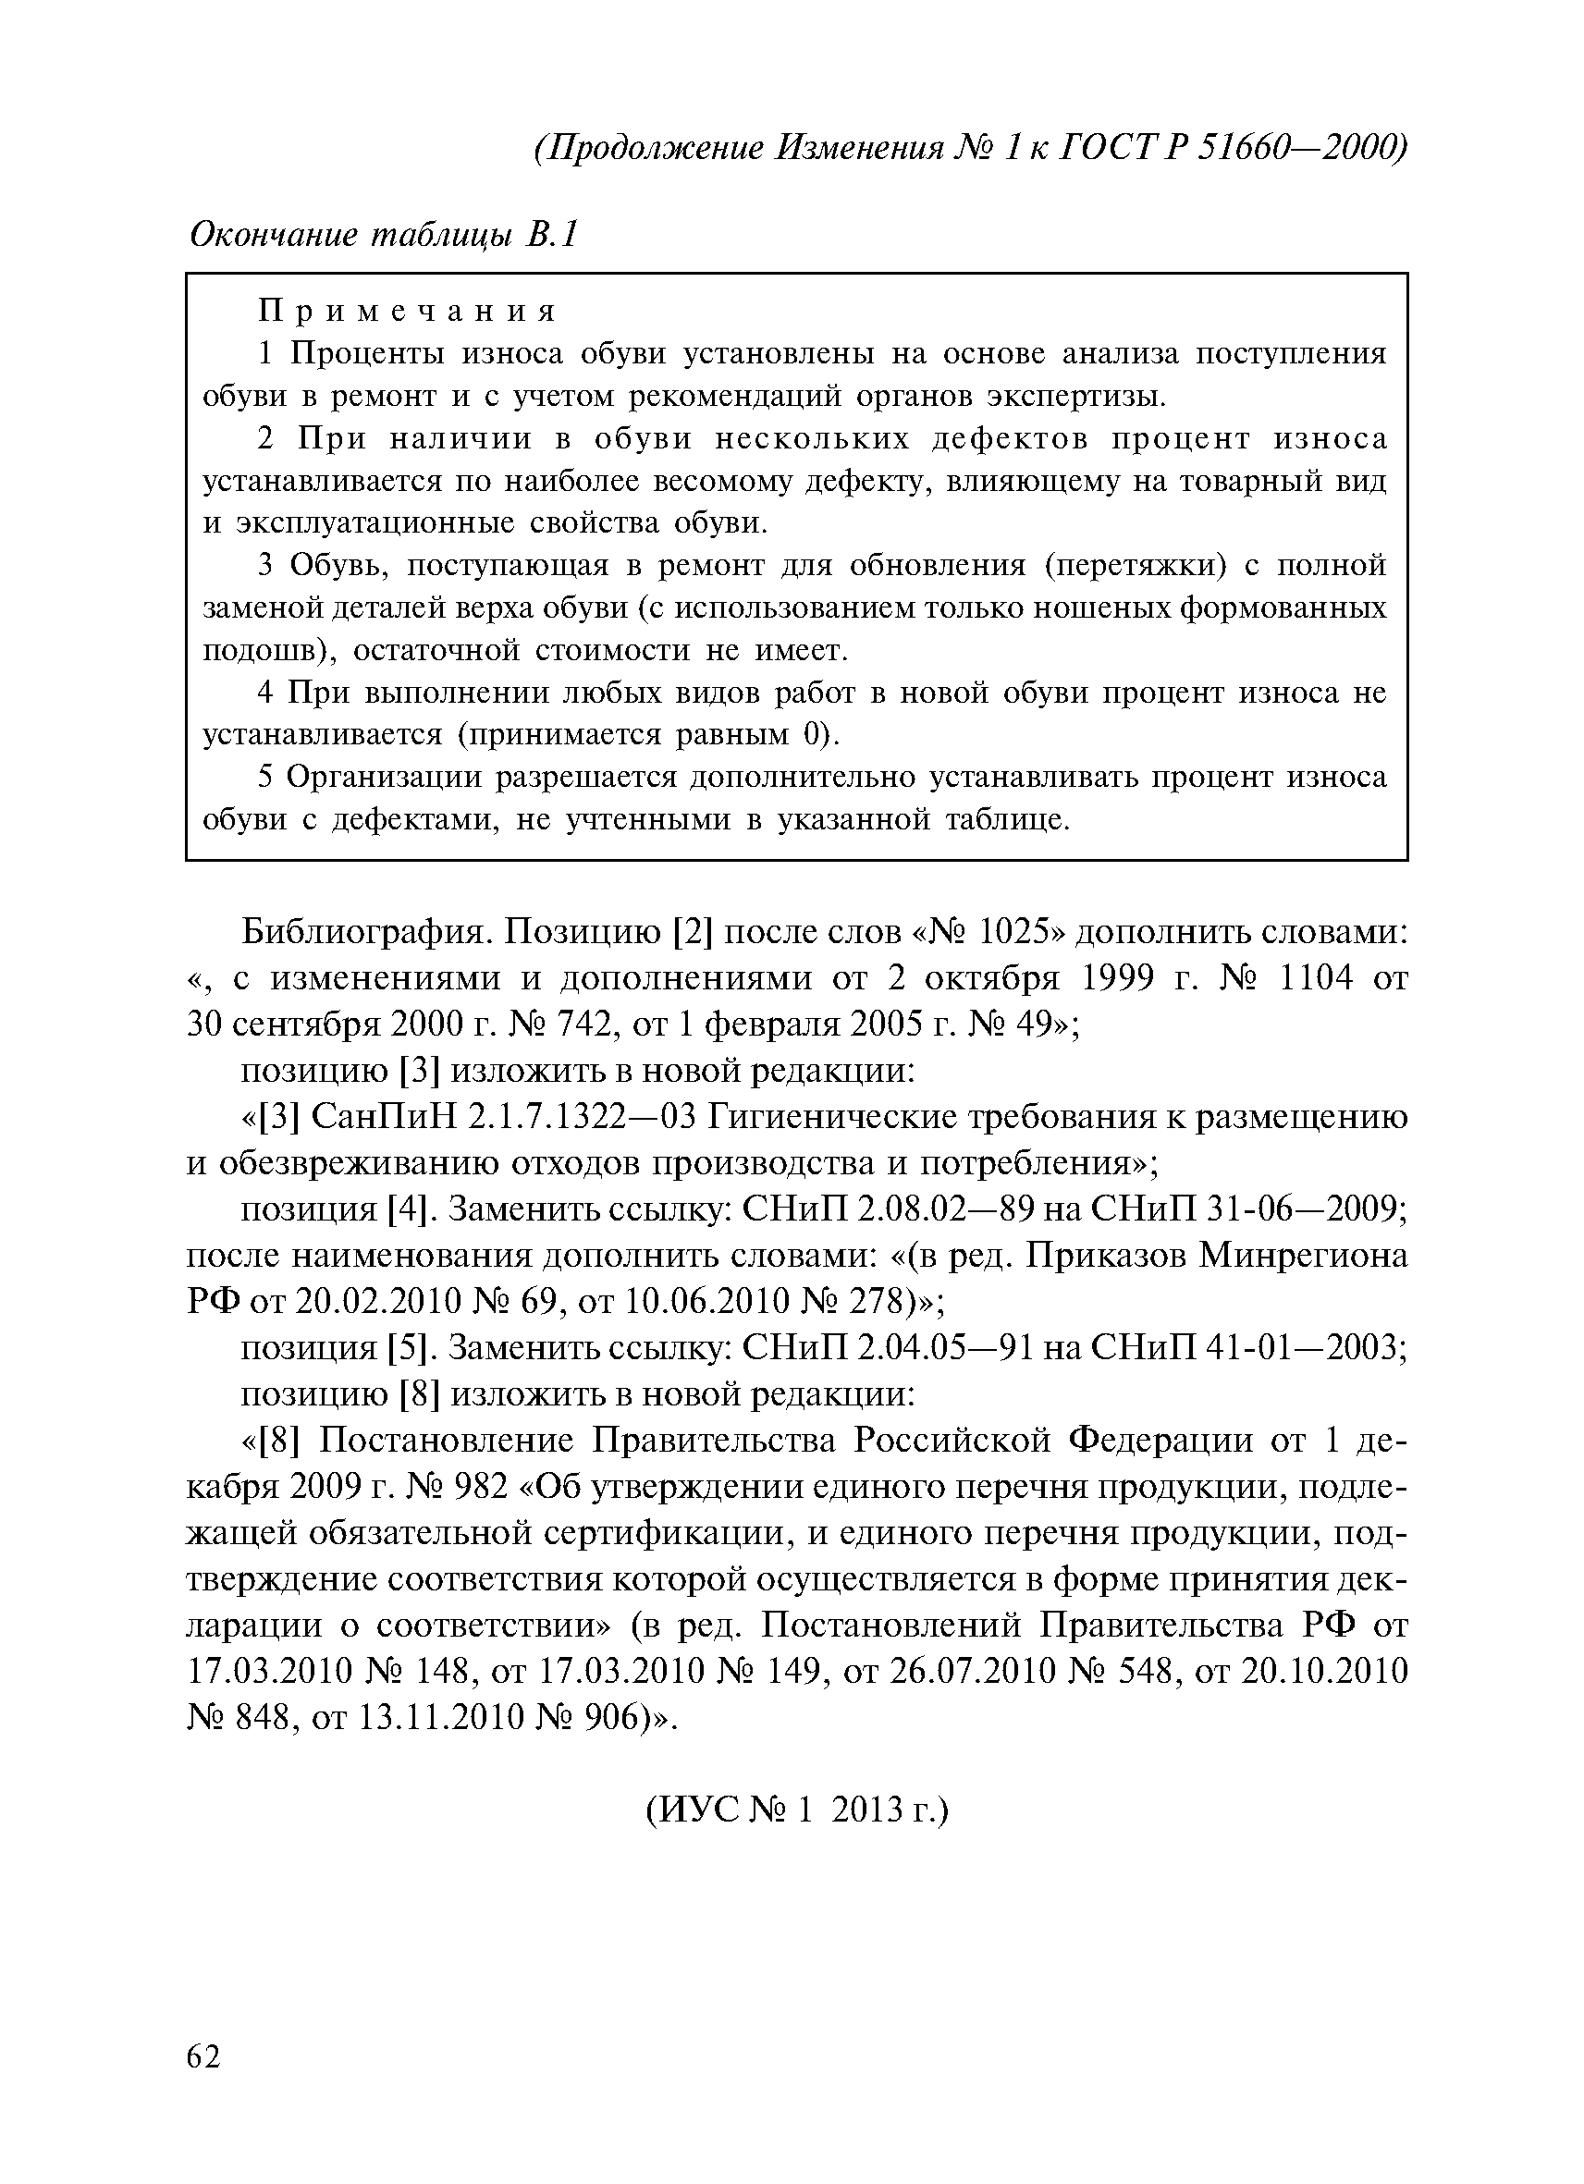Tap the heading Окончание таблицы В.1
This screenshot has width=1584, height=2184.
coord(383,234)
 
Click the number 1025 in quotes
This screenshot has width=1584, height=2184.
coord(1012,931)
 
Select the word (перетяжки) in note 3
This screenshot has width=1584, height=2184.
coord(1136,565)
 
